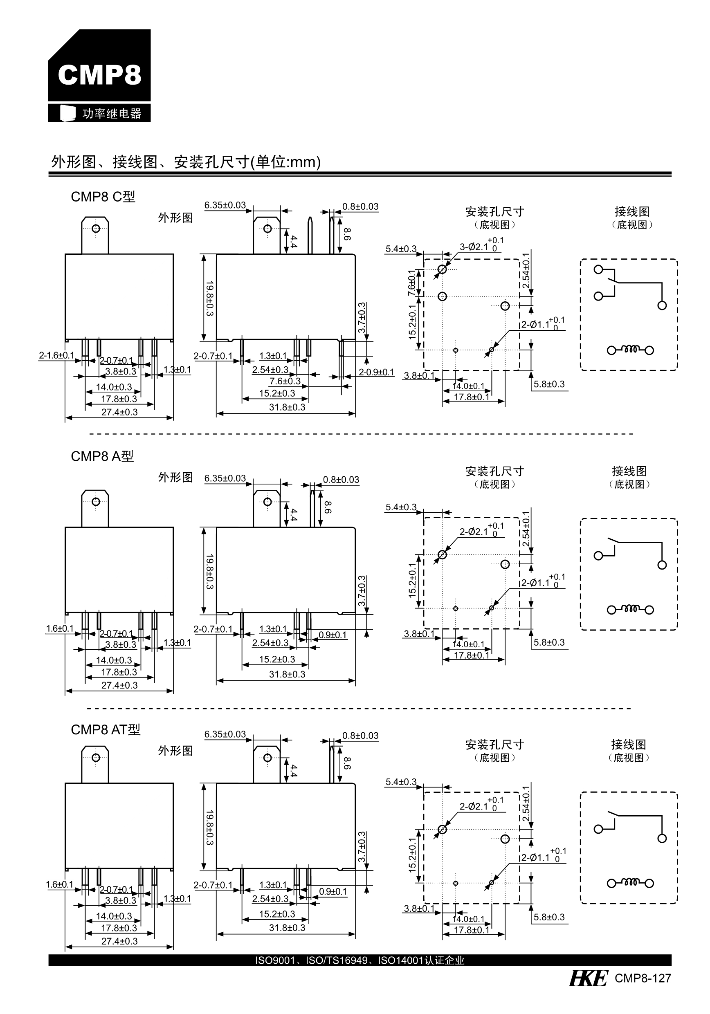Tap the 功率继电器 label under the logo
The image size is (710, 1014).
111,114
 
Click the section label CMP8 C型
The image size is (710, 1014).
103,197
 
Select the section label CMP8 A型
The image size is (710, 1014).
102,456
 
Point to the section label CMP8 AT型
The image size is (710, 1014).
106,729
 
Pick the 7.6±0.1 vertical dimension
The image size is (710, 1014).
411,283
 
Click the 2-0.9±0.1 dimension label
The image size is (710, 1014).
376,372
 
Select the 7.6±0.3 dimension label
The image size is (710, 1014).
285,381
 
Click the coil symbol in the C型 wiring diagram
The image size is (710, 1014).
631,350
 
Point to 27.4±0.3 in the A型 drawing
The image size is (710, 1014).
119,685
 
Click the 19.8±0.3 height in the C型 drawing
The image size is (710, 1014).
209,298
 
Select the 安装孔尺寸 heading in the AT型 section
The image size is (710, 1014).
494,745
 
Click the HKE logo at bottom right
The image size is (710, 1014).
588,978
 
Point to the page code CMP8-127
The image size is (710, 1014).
643,978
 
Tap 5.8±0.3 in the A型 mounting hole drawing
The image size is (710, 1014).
549,643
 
